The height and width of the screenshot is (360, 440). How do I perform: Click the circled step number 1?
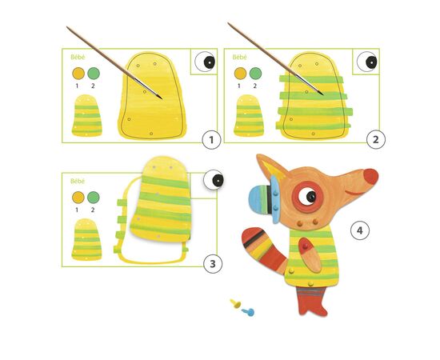(x=211, y=139)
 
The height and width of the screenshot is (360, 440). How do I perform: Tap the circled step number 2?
(x=376, y=139)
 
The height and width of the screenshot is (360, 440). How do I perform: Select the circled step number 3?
(x=213, y=264)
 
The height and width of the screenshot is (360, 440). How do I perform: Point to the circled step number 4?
(x=360, y=230)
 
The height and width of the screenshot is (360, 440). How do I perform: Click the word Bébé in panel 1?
(x=78, y=57)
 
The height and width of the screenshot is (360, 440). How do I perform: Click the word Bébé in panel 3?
(x=78, y=182)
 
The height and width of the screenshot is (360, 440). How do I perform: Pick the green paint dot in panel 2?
(x=255, y=74)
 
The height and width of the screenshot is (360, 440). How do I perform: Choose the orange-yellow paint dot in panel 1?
(x=78, y=74)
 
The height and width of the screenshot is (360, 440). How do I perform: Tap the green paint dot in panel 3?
(x=94, y=198)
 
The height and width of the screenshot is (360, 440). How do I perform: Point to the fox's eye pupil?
(x=311, y=197)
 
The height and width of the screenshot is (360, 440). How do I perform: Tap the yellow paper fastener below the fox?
(x=235, y=304)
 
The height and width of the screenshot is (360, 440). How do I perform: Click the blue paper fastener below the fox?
(x=248, y=312)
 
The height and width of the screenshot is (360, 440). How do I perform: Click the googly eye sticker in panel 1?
(x=205, y=62)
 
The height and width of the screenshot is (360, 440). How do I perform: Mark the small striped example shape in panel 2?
(x=249, y=116)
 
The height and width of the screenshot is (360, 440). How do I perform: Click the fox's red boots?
(x=312, y=300)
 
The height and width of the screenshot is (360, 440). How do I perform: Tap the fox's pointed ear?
(x=270, y=168)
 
